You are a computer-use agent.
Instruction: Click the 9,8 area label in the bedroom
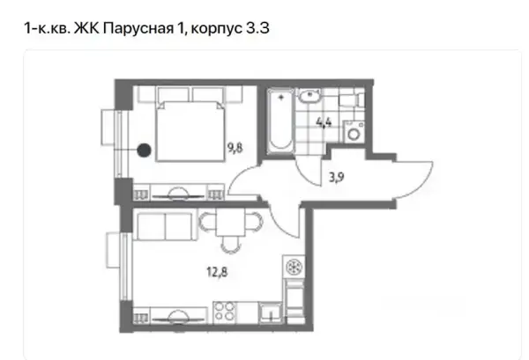click(235, 148)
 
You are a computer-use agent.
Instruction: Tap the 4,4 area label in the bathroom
click(324, 122)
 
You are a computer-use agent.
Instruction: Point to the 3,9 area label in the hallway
click(337, 177)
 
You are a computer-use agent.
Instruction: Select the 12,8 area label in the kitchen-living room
click(217, 271)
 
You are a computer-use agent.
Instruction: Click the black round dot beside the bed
click(144, 150)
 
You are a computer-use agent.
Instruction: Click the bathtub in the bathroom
click(280, 121)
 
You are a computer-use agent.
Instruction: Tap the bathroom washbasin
click(309, 96)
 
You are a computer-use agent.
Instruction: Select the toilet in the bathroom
click(351, 99)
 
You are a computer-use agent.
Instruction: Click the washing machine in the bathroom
click(354, 132)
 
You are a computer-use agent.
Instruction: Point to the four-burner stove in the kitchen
click(225, 312)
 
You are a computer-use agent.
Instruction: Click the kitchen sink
click(271, 312)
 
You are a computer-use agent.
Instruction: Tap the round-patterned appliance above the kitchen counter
click(294, 267)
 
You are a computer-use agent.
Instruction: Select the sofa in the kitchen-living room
click(165, 224)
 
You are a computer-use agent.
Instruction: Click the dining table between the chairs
click(230, 223)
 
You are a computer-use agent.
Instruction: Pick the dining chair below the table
click(231, 245)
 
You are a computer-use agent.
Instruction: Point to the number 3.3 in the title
click(257, 28)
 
